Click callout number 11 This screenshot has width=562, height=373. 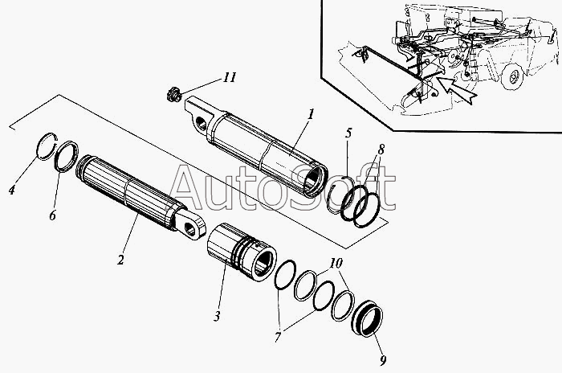point(230,77)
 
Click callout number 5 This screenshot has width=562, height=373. point(347,133)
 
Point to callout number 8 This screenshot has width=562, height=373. point(381,150)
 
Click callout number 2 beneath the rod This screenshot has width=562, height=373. point(120,260)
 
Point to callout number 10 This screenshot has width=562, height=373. point(335,264)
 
